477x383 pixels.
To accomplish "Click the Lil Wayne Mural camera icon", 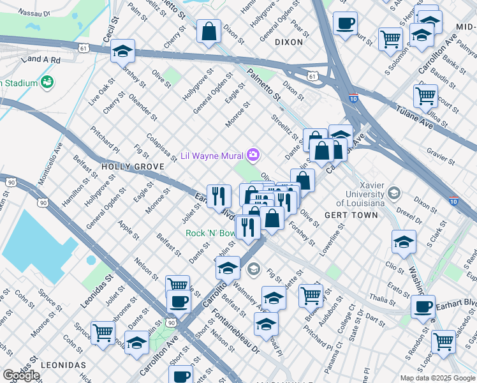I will [x=254, y=155].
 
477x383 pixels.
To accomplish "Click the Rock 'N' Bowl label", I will [x=210, y=233].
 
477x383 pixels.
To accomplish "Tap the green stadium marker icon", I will [x=47, y=82].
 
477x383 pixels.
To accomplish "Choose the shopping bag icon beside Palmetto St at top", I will [x=209, y=31].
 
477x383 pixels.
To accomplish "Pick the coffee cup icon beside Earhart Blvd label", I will [x=423, y=306].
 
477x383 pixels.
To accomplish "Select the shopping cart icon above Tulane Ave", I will [x=425, y=96].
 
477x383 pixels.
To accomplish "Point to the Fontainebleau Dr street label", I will [x=237, y=331].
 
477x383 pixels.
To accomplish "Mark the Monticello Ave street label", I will [x=50, y=163].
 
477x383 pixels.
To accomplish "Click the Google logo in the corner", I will [x=21, y=375].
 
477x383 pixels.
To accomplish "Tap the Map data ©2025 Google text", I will [x=437, y=378].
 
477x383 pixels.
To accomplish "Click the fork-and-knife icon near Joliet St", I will [x=219, y=196].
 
